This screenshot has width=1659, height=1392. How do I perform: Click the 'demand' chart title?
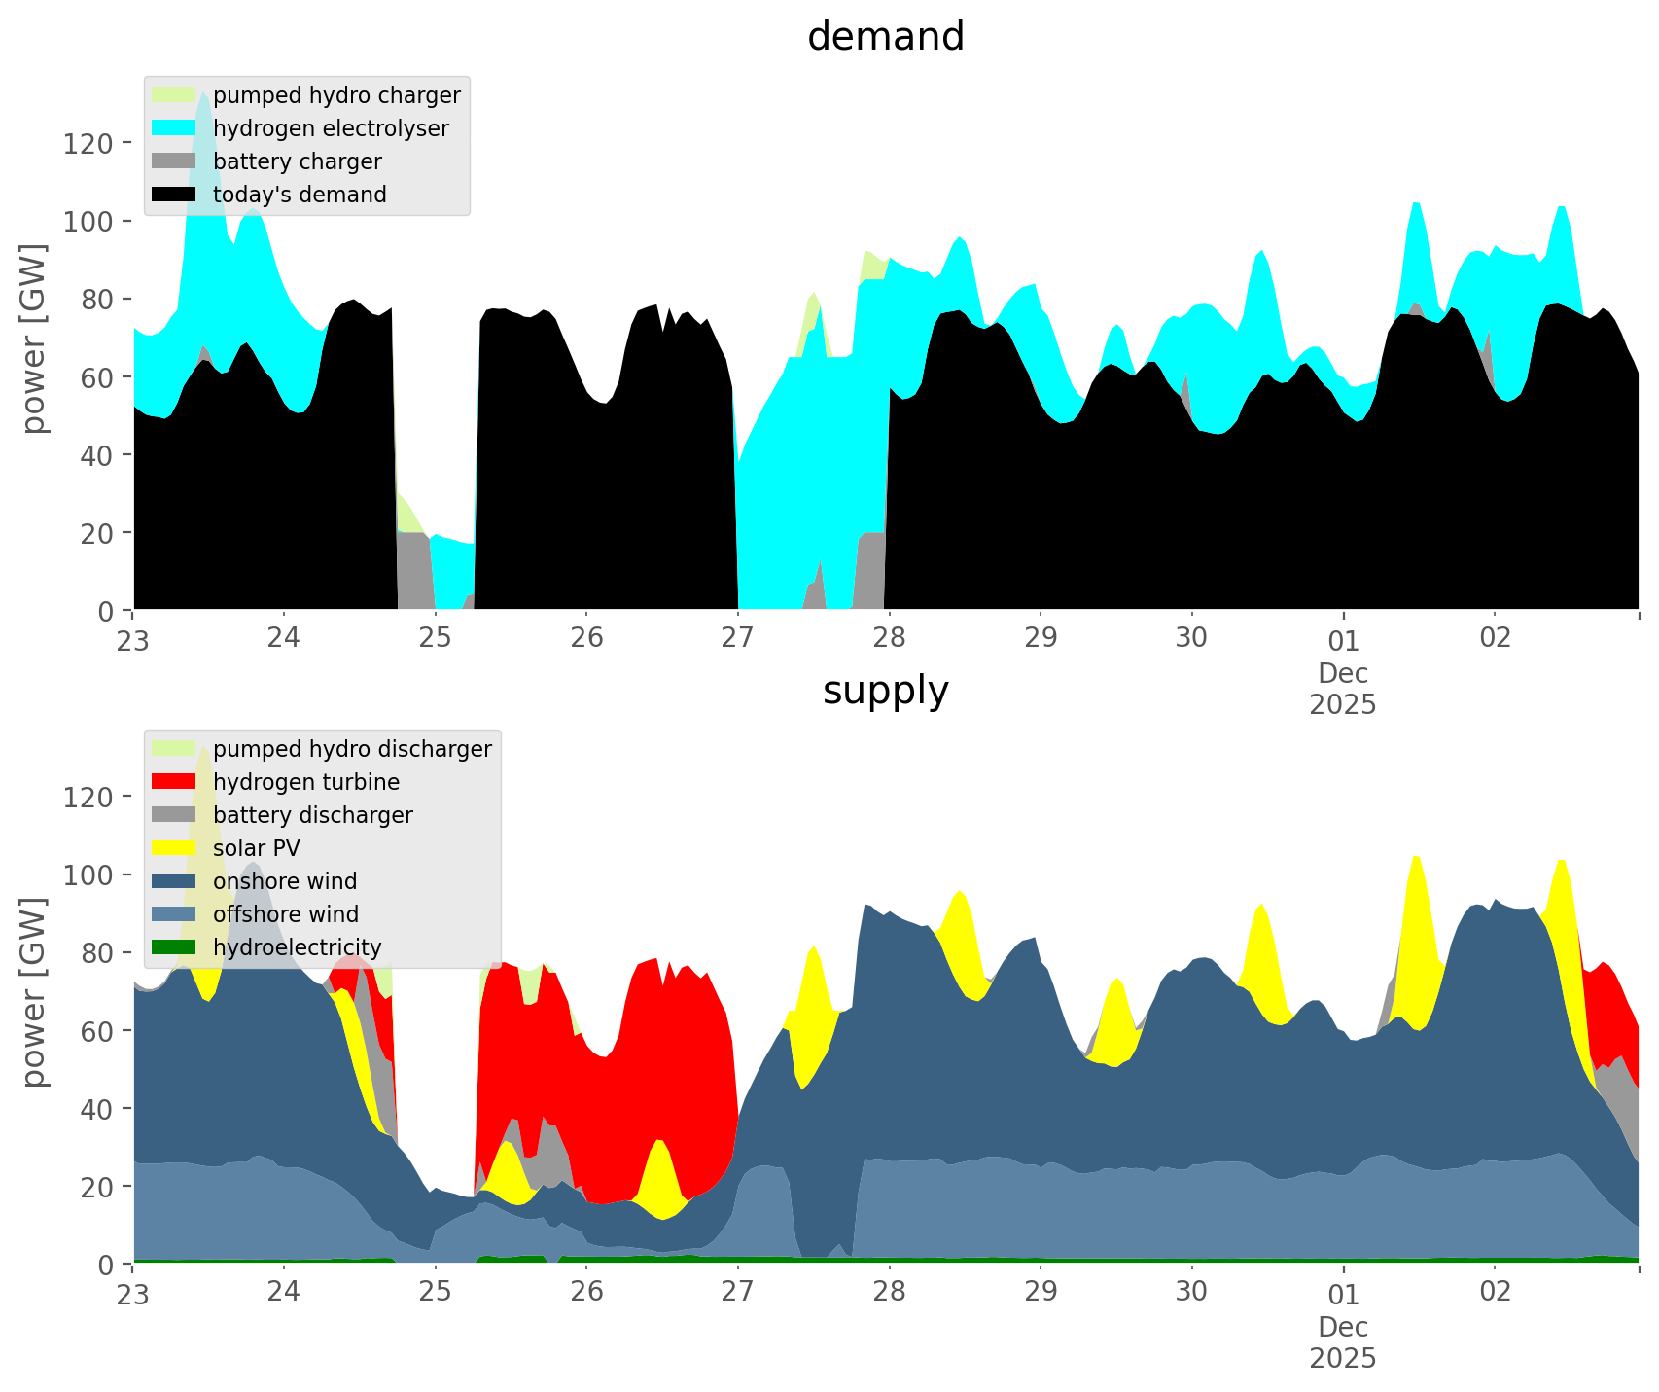tap(885, 37)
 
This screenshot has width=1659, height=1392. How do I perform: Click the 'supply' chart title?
tap(885, 691)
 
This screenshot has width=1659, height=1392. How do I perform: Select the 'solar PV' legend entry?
tap(257, 848)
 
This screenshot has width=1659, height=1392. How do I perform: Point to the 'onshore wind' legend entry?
tap(285, 881)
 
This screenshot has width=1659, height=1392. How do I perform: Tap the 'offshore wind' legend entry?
tap(286, 914)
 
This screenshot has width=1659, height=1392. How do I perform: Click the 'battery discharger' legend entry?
tap(312, 815)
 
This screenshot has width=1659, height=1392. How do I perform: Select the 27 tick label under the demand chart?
tap(738, 638)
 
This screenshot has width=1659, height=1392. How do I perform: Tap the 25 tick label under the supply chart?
tap(436, 1292)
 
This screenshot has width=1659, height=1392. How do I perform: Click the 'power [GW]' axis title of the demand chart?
tap(34, 339)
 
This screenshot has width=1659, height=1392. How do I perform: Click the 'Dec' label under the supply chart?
tap(1343, 1327)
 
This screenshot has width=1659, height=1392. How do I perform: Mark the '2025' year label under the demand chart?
tap(1343, 704)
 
